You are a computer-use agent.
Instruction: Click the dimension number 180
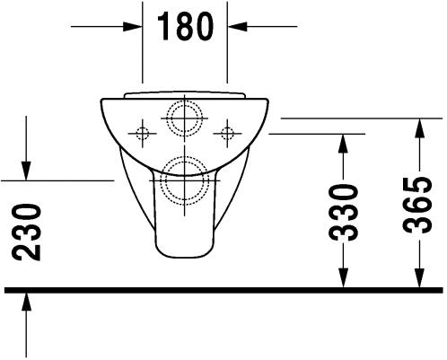click(185, 27)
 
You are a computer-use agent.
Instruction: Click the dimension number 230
click(26, 233)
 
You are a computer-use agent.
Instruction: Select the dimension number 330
click(343, 213)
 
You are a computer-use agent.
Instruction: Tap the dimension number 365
click(417, 206)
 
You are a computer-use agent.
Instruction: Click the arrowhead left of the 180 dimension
click(133, 27)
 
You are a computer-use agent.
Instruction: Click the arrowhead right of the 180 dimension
click(237, 27)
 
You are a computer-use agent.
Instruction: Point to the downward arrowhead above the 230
click(26, 171)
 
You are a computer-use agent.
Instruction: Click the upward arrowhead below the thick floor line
click(26, 302)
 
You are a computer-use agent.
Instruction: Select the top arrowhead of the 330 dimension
click(343, 144)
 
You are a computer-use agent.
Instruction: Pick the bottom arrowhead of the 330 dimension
click(343, 278)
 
